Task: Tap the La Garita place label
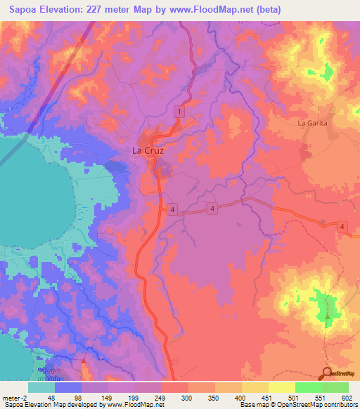point(313,123)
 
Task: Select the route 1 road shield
point(181,112)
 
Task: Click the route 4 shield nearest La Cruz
point(172,209)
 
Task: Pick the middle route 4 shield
point(211,209)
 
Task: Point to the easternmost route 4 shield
point(342,226)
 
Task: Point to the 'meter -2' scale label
point(15,397)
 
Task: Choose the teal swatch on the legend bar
point(41,387)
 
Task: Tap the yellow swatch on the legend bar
point(281,387)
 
